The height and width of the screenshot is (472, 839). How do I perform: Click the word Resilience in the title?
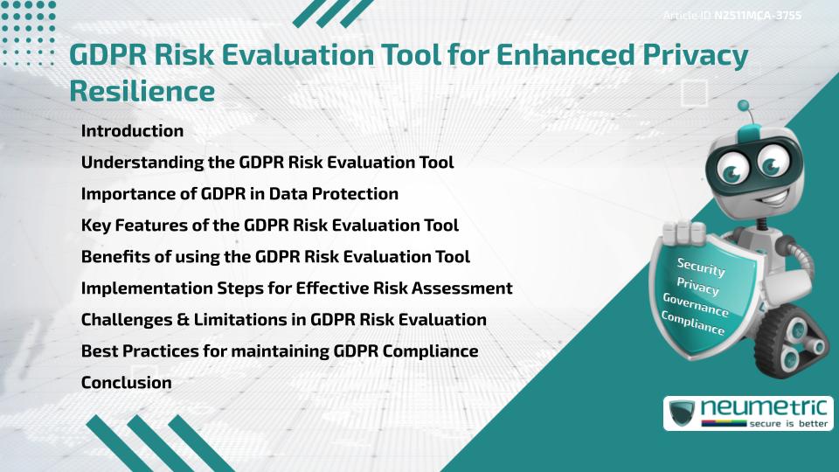tap(142, 90)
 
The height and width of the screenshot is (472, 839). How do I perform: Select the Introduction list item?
tap(132, 131)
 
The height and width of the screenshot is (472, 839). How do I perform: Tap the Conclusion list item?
tap(126, 382)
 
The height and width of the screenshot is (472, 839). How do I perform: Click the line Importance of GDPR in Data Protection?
tap(239, 194)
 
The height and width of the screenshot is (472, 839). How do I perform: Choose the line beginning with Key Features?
tap(269, 226)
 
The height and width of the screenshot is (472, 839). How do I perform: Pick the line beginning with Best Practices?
tap(279, 351)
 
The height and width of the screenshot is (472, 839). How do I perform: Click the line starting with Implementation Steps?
tap(296, 288)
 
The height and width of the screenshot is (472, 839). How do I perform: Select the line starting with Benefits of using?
tap(275, 257)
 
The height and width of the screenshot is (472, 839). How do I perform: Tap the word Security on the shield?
tap(701, 267)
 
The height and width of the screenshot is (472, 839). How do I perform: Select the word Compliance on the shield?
tap(693, 323)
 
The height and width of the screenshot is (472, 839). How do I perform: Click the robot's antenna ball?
tap(745, 107)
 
